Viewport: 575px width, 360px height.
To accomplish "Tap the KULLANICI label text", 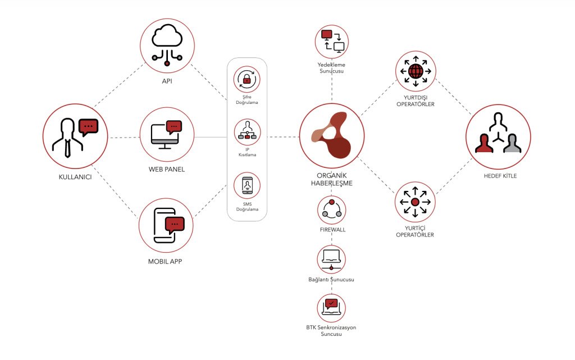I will tap(76, 177).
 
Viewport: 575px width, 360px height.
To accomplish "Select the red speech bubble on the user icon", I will tap(88, 127).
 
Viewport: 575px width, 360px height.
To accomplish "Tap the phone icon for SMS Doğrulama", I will tap(247, 186).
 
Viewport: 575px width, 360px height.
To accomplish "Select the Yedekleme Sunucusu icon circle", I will tap(331, 42).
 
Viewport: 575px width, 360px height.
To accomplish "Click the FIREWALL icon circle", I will tap(331, 210).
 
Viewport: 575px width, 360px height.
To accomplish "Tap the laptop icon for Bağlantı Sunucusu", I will tap(331, 258).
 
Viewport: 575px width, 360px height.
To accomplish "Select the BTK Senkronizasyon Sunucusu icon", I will tap(331, 307).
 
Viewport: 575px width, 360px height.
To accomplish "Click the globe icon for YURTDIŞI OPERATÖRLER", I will tap(415, 71).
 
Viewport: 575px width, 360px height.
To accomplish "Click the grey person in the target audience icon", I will tap(511, 144).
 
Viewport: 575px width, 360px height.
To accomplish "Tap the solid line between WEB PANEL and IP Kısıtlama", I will tap(211, 137).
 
